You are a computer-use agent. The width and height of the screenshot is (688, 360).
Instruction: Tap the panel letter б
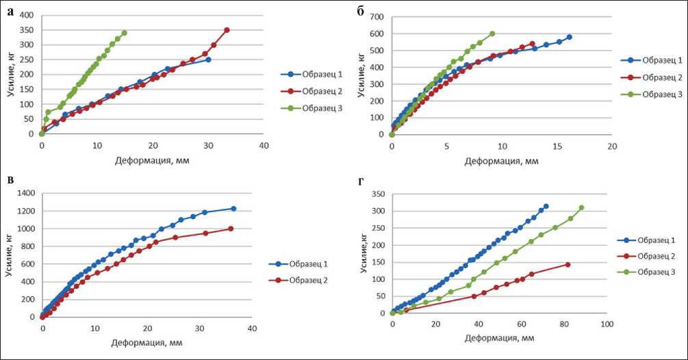(372, 10)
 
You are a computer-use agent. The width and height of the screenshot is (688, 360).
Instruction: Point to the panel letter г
(372, 181)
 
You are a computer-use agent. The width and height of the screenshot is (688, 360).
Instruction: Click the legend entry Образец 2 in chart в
(316, 280)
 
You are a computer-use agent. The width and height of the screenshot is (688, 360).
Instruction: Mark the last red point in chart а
(227, 30)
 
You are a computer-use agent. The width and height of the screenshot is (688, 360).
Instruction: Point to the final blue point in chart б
(569, 37)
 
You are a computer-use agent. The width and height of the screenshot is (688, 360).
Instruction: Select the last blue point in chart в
(233, 209)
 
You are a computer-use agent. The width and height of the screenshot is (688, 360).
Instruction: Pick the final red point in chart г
(568, 264)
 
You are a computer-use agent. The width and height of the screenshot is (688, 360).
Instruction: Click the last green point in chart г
(581, 208)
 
